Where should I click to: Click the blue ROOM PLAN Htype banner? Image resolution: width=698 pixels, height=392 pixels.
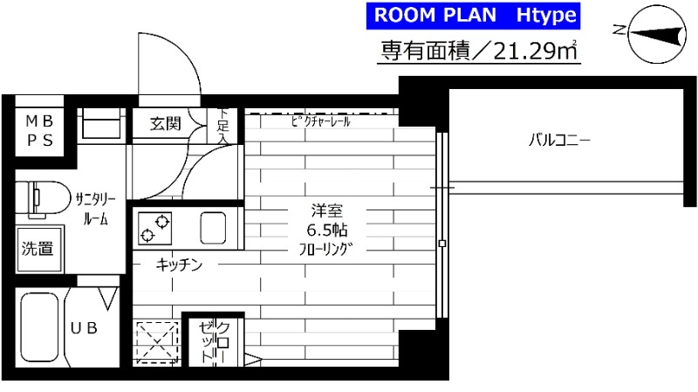click(x=472, y=17)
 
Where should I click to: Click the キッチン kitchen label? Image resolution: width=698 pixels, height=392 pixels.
click(x=181, y=265)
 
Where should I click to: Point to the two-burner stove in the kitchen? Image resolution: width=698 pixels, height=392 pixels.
click(x=154, y=229)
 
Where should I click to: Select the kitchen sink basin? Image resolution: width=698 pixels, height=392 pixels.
click(x=215, y=228)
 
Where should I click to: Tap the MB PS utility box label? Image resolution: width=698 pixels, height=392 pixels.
click(x=38, y=130)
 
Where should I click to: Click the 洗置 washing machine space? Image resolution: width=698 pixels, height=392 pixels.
click(x=37, y=248)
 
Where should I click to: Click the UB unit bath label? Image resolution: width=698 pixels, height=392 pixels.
click(x=84, y=327)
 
